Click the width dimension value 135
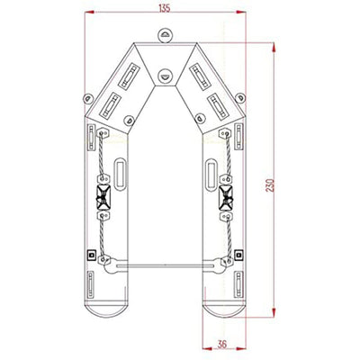click(164, 8)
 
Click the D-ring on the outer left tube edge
click(86, 98)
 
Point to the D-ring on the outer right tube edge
click(240, 98)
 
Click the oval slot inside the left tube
click(121, 171)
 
